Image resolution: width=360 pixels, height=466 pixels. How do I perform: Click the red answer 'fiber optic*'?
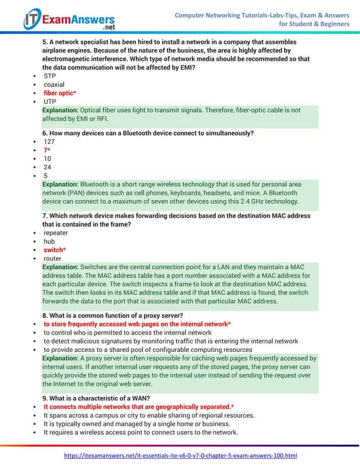coord(60,93)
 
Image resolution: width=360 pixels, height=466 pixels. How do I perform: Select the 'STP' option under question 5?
coord(50,76)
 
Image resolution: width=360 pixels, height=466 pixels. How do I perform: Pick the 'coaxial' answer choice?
coord(55,84)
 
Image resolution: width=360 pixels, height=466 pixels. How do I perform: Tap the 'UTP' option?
coord(50,102)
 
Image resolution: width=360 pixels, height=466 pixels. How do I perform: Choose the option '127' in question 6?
coord(50,142)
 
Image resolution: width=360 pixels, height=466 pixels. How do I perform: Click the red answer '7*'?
coord(47,150)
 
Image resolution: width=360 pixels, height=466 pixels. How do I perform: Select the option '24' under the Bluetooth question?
coord(48,167)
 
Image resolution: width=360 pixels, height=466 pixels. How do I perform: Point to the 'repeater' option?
coord(56,232)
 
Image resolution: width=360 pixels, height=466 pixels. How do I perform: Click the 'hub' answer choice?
coord(50,241)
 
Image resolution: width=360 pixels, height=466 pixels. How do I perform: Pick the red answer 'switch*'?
coord(55,250)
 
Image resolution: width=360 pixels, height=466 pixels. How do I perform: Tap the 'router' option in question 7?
coord(53,258)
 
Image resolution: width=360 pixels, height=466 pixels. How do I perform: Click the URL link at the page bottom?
coord(180,455)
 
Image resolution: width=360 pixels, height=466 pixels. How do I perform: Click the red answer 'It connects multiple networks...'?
coord(139,407)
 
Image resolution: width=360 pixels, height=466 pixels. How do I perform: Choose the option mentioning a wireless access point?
coord(141,432)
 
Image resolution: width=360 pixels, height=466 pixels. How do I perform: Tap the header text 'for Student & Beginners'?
coord(314,24)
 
